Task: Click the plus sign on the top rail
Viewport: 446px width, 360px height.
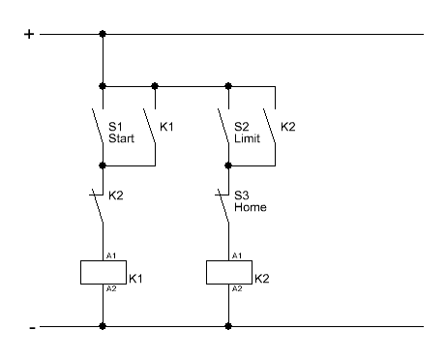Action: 29,34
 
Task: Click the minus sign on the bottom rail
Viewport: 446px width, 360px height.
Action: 32,328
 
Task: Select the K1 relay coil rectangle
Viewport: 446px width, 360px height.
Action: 104,272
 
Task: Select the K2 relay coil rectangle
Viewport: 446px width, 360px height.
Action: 229,272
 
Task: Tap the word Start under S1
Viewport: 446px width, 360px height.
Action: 121,138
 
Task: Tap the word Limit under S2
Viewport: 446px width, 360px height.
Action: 247,138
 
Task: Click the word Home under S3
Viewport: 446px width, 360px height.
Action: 251,207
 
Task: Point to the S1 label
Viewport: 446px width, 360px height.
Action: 115,127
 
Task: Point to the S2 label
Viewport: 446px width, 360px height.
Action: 242,127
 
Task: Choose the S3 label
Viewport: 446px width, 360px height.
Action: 242,195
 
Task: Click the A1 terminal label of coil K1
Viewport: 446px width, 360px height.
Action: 111,255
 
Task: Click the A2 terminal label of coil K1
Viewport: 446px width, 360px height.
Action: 111,288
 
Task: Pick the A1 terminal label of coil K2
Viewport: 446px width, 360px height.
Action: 237,255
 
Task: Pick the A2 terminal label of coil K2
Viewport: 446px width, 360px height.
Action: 237,288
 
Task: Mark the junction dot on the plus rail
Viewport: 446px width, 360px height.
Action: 103,34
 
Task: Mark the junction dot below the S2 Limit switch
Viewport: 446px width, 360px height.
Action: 228,165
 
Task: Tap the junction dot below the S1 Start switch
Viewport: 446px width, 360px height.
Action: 103,165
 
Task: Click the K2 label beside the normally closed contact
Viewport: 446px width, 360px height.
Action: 116,195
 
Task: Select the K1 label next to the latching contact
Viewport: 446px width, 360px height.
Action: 166,127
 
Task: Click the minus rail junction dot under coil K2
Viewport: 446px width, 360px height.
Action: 228,326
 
